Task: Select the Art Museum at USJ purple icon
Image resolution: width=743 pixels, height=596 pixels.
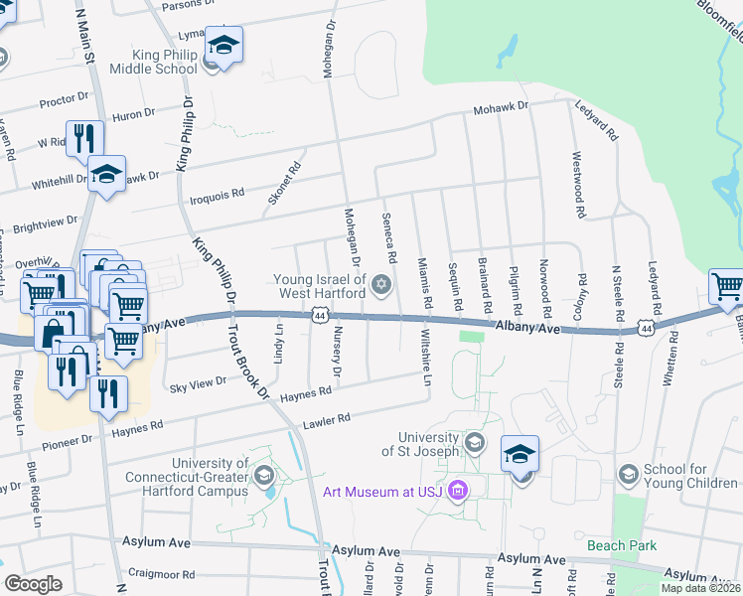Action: [457, 490]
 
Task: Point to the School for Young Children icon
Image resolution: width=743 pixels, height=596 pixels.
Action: [627, 475]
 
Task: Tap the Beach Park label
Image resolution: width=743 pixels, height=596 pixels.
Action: [621, 544]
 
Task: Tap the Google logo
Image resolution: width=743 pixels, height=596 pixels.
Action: [33, 584]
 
